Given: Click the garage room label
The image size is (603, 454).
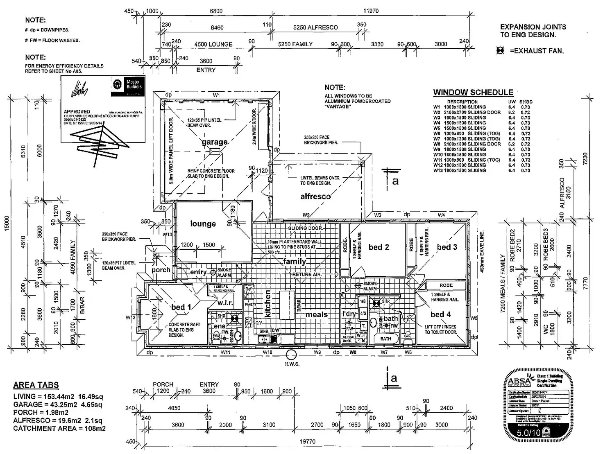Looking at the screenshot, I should coord(214,142).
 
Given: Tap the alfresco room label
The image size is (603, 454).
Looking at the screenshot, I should coord(315,197).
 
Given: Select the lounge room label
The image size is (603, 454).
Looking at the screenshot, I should coord(203,224).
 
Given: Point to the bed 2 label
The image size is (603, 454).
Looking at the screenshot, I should coord(379,247).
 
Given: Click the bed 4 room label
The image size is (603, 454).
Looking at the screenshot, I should coord(441,314).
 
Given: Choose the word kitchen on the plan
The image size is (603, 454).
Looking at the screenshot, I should coord(268,304).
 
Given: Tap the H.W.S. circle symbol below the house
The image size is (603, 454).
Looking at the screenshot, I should coord(291,355).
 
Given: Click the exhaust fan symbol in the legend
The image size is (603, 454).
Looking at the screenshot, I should coord(500,51).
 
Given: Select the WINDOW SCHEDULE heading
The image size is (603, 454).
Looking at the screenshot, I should coord(473,93).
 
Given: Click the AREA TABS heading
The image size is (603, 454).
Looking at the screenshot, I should coord(36,385).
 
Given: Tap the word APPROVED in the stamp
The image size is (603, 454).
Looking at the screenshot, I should coord(77,111).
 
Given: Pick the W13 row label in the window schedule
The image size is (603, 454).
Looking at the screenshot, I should coord(438,170).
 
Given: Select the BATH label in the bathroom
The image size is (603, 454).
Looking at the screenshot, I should coord(385,339).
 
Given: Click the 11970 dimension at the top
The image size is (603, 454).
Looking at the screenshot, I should coord(371,11).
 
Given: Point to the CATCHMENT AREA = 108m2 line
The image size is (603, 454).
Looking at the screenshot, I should coord(59,429).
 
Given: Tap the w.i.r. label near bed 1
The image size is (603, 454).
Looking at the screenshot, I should coord(225,303).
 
